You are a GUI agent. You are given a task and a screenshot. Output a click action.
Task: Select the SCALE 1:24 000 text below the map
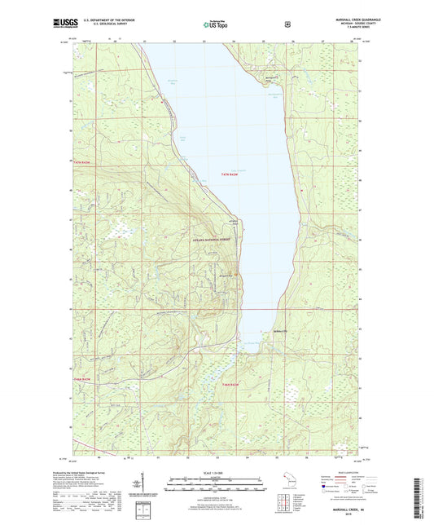tap(216, 473)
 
